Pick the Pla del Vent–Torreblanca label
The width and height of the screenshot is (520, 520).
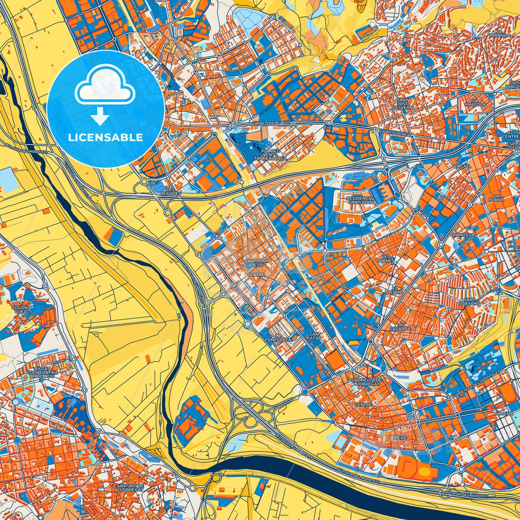tap(270, 155)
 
